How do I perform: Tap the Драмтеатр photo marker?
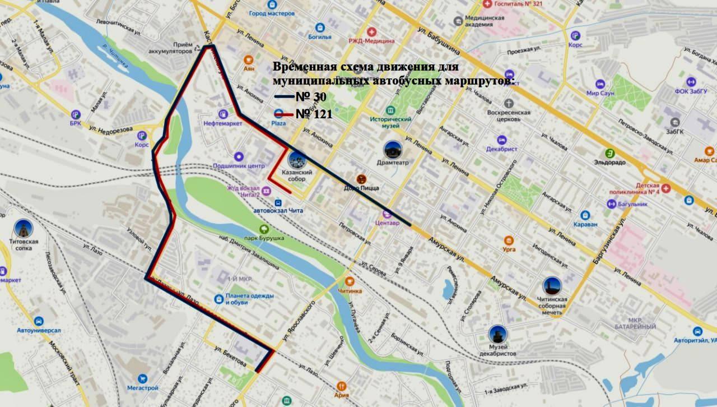(x=393, y=150)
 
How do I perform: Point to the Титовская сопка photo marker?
(x=24, y=228)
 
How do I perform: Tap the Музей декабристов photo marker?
(x=497, y=334)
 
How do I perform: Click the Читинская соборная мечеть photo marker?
(x=552, y=285)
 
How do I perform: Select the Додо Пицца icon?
(x=361, y=179)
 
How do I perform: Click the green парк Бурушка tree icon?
(x=264, y=229)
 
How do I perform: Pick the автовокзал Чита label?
(x=278, y=210)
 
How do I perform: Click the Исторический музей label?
(x=390, y=122)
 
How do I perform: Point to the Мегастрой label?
(x=142, y=387)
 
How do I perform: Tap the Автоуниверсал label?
(x=39, y=330)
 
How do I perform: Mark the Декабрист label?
(x=502, y=149)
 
